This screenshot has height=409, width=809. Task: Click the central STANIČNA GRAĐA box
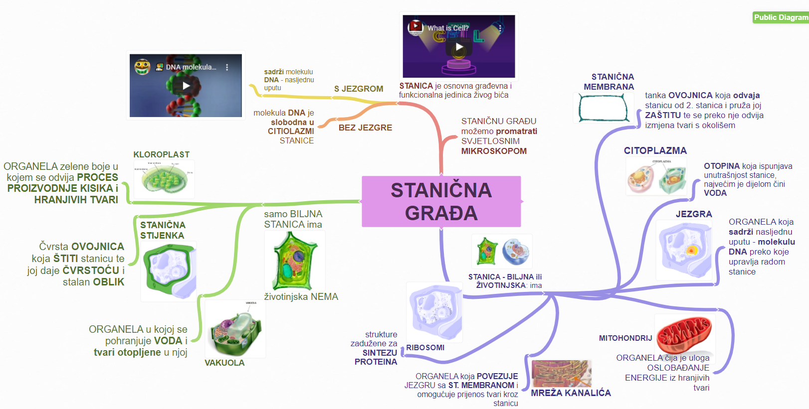click(x=441, y=201)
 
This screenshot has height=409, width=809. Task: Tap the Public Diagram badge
click(x=781, y=17)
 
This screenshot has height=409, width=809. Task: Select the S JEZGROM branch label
click(x=359, y=89)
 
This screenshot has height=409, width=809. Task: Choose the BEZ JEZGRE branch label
click(x=365, y=128)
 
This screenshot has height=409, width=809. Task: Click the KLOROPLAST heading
click(x=161, y=154)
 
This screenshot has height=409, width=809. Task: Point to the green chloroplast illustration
click(x=164, y=179)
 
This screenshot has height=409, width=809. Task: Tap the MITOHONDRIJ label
click(x=625, y=338)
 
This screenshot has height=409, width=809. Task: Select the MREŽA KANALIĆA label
click(x=571, y=393)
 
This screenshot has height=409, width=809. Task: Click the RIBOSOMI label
click(x=425, y=348)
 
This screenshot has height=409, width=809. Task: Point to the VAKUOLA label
click(x=224, y=363)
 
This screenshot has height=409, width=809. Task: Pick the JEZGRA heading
click(x=694, y=214)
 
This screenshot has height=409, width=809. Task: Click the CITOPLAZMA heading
click(x=655, y=150)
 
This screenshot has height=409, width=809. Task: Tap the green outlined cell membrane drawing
click(x=603, y=108)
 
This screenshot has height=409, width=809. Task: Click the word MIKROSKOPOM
click(x=494, y=151)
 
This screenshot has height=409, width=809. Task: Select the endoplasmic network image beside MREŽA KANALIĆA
click(x=561, y=374)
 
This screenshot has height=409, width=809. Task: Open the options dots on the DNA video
click(x=227, y=67)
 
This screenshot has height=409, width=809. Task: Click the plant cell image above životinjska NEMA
click(x=294, y=261)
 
